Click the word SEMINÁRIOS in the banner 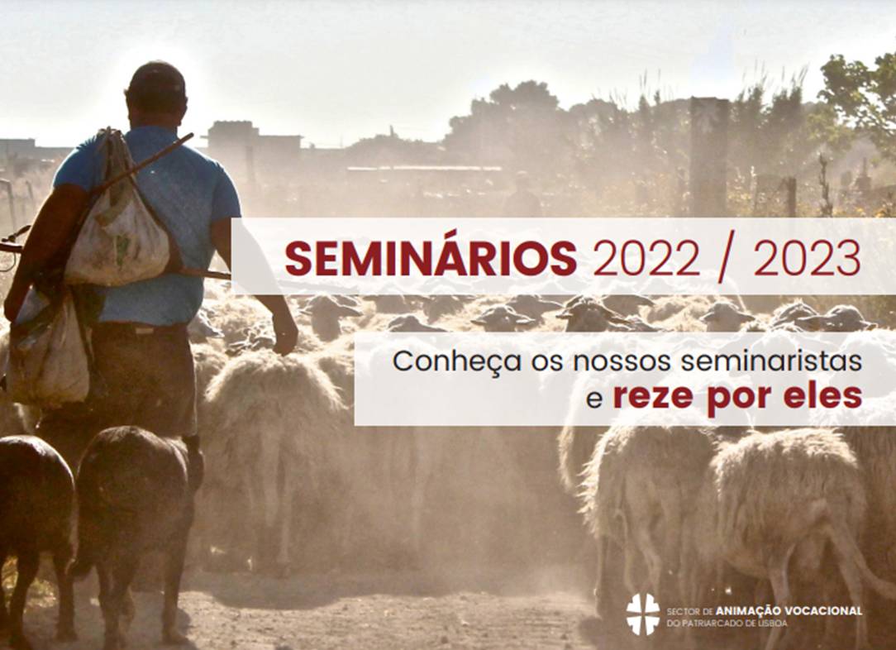point(431,258)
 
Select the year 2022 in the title point(646,259)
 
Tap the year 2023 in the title point(808,259)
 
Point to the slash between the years point(727,260)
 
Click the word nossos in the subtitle point(603,362)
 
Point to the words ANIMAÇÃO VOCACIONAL point(789,610)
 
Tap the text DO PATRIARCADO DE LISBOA point(727,624)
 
